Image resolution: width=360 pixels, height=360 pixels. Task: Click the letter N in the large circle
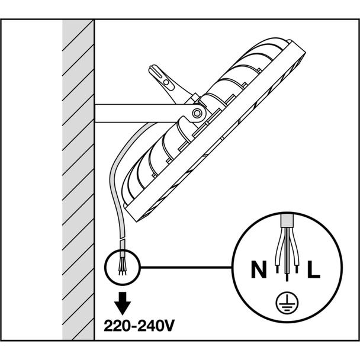click(259, 269)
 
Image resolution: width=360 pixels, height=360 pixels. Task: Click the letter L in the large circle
click(314, 269)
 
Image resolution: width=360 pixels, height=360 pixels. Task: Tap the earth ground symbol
click(287, 303)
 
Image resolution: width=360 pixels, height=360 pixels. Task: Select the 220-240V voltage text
click(139, 325)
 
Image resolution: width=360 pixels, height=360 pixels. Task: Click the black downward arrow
click(123, 303)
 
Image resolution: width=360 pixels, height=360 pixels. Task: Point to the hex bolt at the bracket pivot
click(197, 113)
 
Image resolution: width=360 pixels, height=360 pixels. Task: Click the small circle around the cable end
click(123, 267)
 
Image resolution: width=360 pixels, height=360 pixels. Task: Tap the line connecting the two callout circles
click(186, 267)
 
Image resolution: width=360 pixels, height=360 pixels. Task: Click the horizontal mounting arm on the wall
click(142, 113)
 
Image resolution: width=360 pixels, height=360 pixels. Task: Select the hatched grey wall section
click(78, 180)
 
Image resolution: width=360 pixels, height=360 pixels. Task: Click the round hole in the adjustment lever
click(166, 82)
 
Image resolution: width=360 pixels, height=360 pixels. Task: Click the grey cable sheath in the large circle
click(287, 221)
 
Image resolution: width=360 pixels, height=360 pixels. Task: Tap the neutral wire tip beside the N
click(277, 269)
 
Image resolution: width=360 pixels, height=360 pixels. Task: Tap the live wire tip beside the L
click(297, 269)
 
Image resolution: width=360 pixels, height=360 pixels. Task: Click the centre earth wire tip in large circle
click(287, 277)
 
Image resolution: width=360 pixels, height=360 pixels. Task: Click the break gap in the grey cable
click(123, 239)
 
